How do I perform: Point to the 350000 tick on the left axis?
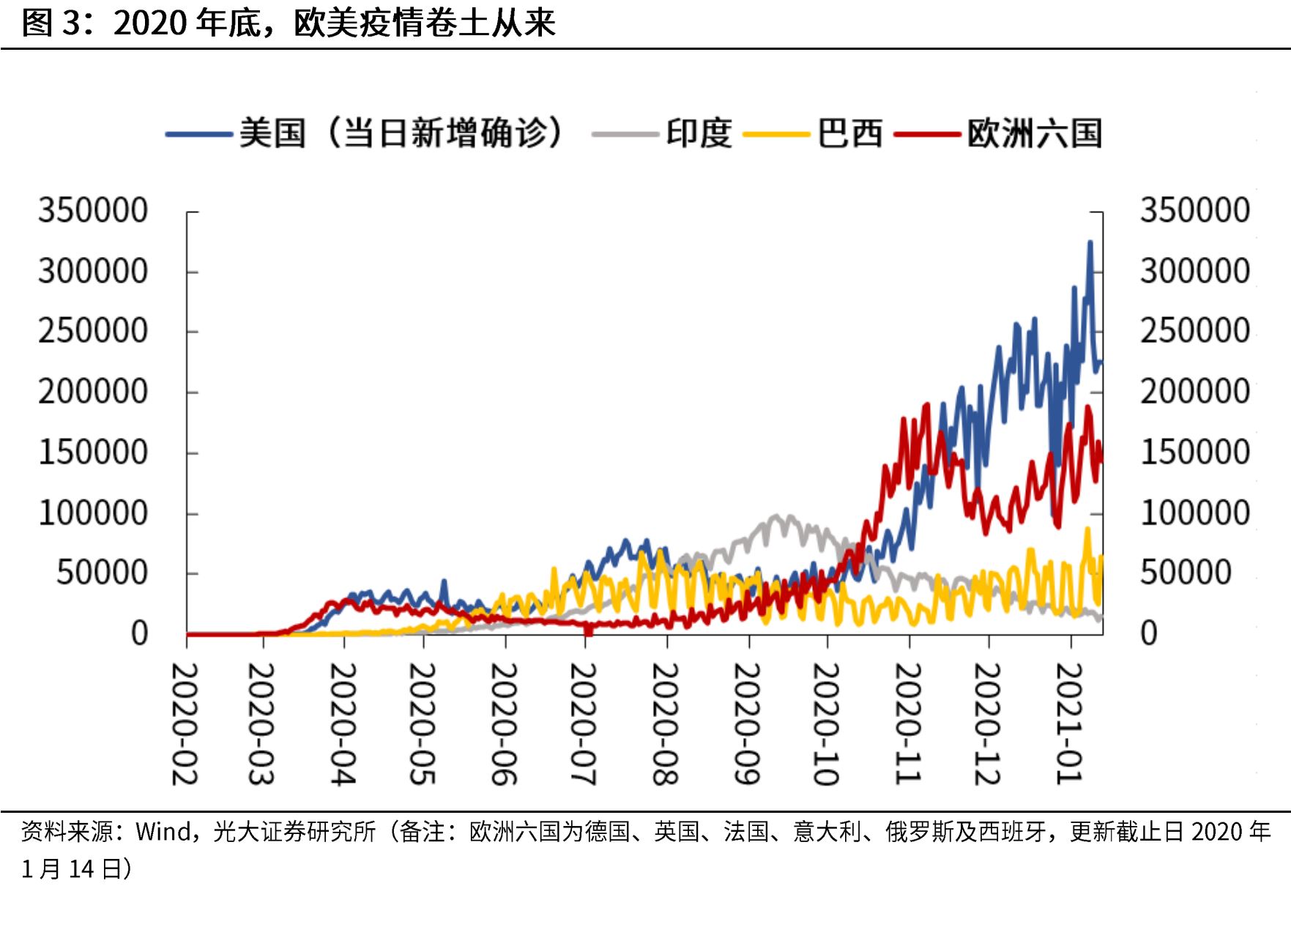pyautogui.click(x=93, y=211)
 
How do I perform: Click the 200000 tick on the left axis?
pyautogui.click(x=93, y=392)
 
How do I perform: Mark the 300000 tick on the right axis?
pyautogui.click(x=1194, y=271)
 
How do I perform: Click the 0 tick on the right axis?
pyautogui.click(x=1149, y=633)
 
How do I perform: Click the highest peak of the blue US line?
pyautogui.click(x=1090, y=242)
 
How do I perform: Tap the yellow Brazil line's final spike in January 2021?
pyautogui.click(x=1087, y=529)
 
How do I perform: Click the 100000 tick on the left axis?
pyautogui.click(x=93, y=513)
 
